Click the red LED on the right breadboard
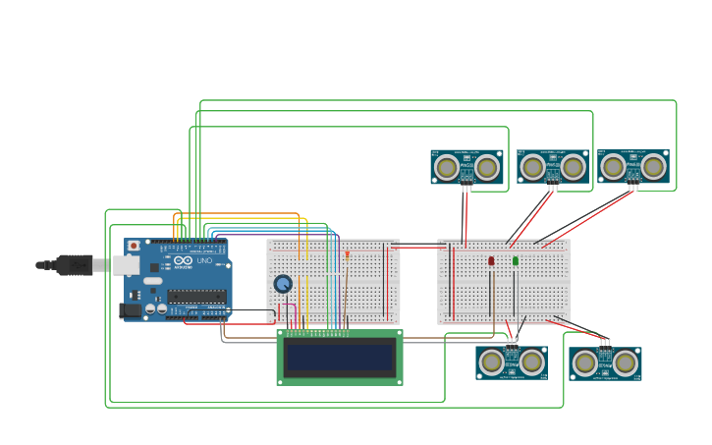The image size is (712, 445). [x=491, y=261]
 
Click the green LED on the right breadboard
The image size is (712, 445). [x=515, y=261]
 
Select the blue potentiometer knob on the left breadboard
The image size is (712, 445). [x=283, y=284]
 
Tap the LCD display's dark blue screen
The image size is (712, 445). [x=339, y=358]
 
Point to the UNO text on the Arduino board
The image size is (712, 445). [x=205, y=261]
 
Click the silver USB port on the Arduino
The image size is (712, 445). [x=126, y=264]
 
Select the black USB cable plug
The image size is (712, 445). [x=74, y=264]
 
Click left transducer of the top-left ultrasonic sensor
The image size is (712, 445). [x=447, y=168]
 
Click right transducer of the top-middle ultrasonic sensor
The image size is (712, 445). [x=574, y=168]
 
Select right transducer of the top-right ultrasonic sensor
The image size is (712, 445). [x=654, y=168]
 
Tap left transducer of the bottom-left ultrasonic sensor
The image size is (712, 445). [x=491, y=362]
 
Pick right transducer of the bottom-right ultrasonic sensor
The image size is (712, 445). [x=626, y=363]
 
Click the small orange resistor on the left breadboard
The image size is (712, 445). [x=347, y=255]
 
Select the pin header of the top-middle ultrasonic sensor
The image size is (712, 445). [x=553, y=186]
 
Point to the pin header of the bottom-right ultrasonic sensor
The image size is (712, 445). [x=605, y=344]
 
